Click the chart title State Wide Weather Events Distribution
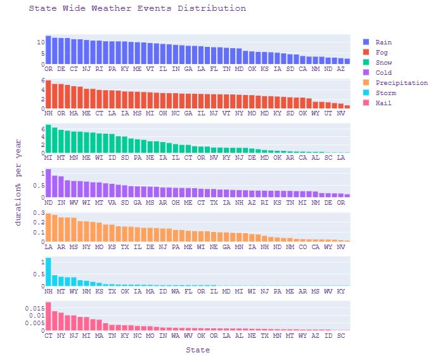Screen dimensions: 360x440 pyautogui.click(x=138, y=9)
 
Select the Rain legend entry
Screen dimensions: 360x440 pyautogui.click(x=383, y=42)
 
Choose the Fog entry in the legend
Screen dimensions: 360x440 pyautogui.click(x=380, y=53)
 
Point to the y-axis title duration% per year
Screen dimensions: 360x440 pyautogui.click(x=18, y=183)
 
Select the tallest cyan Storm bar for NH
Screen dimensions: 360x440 pyautogui.click(x=48, y=272)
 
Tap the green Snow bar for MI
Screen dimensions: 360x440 pyautogui.click(x=48, y=139)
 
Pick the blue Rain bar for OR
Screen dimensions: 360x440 pyautogui.click(x=48, y=50)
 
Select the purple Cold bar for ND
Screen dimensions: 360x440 pyautogui.click(x=48, y=183)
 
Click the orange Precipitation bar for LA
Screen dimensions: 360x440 pyautogui.click(x=48, y=228)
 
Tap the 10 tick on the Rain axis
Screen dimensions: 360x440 pyautogui.click(x=39, y=42)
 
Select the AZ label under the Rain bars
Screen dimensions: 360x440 pyautogui.click(x=341, y=68)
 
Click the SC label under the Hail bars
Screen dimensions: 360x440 pyautogui.click(x=341, y=335)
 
